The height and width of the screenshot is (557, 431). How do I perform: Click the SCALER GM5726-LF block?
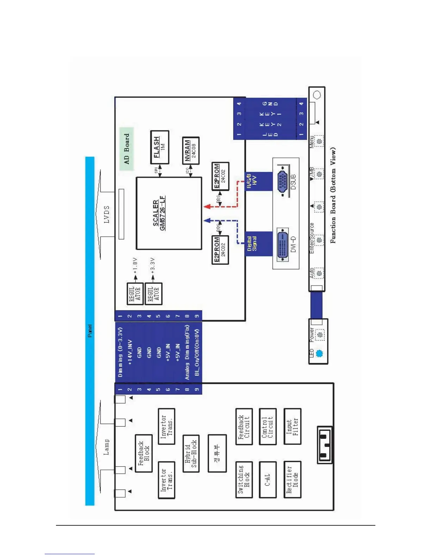coord(169,213)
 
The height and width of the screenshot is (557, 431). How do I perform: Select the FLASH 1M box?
coord(160,147)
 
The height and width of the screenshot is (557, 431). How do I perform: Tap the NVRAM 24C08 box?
coord(190,151)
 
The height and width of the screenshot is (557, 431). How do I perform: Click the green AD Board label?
coord(127,149)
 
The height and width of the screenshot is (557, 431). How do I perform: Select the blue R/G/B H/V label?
coord(252,181)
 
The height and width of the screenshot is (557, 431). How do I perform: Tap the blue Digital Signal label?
coord(252,243)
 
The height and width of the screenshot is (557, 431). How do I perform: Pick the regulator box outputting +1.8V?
coord(135,294)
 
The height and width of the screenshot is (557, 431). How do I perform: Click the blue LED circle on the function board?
coord(319,354)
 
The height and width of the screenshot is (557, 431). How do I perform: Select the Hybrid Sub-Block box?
coord(191,453)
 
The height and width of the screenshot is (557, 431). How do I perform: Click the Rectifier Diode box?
coord(292,479)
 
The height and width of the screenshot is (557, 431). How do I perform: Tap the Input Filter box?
coord(292,427)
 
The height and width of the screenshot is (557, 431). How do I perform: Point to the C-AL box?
coord(267,479)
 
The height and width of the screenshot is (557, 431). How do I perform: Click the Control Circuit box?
coord(267,427)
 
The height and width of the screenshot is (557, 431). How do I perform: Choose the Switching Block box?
coord(244,479)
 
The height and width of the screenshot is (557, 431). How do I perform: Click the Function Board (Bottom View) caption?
coord(333,196)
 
